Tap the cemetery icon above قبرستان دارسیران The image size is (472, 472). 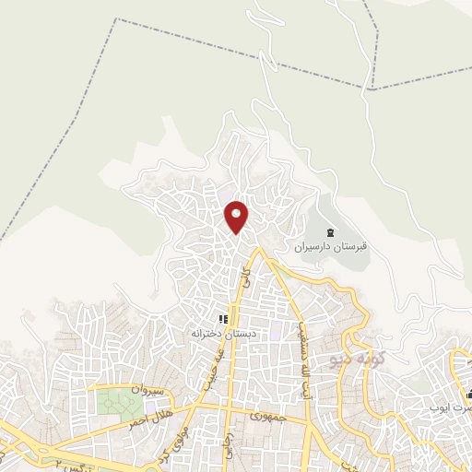tap(330, 232)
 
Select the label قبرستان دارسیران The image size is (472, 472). tap(331, 247)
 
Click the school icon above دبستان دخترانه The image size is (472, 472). tap(222, 318)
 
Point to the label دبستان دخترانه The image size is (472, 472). tap(221, 332)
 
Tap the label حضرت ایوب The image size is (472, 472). tap(452, 406)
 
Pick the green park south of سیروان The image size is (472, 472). tap(115, 403)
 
